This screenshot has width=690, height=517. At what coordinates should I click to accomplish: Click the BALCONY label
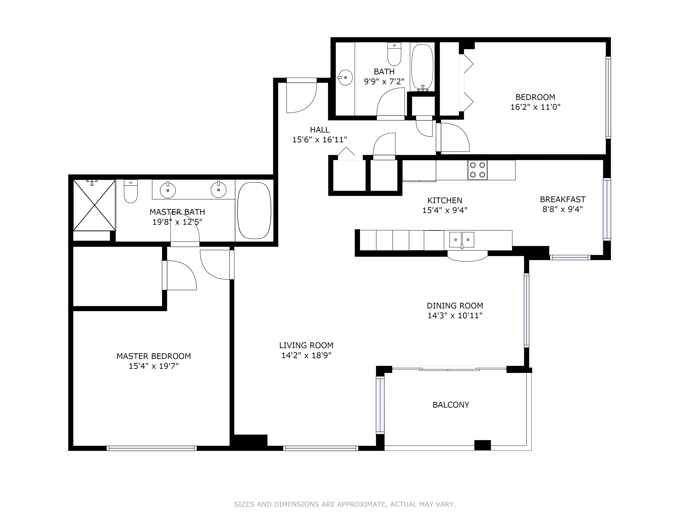click(451, 405)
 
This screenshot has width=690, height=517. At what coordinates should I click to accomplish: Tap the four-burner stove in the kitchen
click(477, 170)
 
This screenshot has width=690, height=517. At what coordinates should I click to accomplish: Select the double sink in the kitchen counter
click(462, 240)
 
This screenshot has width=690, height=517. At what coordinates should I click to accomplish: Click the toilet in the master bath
click(131, 191)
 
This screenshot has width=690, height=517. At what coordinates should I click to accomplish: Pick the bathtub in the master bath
click(254, 210)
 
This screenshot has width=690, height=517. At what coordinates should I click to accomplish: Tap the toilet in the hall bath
click(394, 54)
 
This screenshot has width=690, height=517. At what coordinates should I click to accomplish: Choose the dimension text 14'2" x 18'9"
click(306, 355)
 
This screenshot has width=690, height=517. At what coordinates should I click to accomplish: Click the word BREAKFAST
click(563, 199)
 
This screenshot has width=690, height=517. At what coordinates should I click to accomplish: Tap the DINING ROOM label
click(455, 306)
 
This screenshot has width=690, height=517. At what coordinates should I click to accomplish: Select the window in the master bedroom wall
click(152, 448)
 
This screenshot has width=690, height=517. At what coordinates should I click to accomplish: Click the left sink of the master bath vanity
click(168, 190)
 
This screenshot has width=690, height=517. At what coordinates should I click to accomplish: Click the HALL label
click(320, 130)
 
